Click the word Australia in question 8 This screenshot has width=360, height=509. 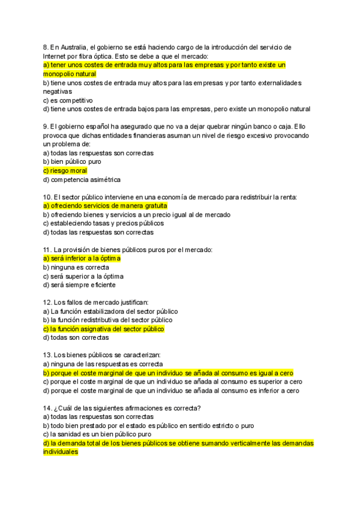point(74,47)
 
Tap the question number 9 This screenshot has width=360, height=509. point(46,126)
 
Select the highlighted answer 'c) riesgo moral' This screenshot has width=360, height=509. point(65,170)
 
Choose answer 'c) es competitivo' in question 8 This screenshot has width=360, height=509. point(68,100)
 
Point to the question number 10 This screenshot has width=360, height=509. point(47,197)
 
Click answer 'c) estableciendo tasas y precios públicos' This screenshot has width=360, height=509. point(103,223)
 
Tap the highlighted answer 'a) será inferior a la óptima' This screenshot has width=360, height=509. point(82,258)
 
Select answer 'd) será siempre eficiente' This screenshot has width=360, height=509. point(79,285)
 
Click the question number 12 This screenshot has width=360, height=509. point(47,303)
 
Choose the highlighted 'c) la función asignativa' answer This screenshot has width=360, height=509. point(104,329)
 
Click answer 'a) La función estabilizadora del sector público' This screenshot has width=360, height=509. point(110,312)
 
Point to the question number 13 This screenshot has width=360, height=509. point(47,355)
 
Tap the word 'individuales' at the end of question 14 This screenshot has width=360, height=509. point(61,452)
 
